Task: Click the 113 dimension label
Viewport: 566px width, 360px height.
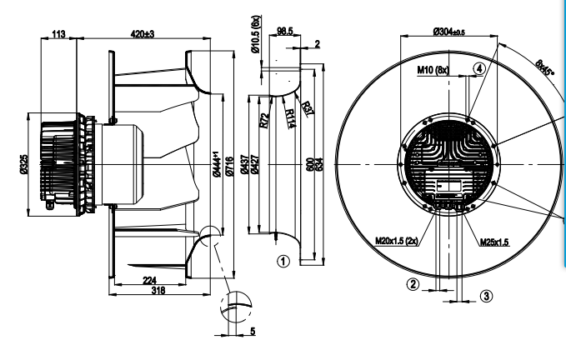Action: point(59,34)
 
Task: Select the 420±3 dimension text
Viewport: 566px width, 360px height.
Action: point(143,34)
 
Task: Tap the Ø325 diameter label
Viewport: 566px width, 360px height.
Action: point(24,164)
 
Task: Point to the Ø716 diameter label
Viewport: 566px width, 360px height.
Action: point(229,166)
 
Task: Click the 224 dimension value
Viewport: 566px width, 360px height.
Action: point(149,280)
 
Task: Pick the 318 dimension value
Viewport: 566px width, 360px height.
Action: point(158,290)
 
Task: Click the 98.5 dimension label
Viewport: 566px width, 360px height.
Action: point(285,31)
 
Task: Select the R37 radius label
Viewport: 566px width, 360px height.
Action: point(308,109)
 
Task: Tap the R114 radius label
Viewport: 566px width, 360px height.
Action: point(290,118)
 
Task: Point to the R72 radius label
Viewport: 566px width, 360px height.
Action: point(264,121)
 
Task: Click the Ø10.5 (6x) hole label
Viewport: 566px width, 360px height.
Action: point(256,34)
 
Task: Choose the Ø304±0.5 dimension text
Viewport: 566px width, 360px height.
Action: point(449,32)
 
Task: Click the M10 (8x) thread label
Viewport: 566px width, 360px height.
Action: point(433,69)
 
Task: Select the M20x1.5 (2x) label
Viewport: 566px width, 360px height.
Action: point(397,241)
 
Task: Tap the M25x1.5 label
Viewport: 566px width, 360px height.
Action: point(494,242)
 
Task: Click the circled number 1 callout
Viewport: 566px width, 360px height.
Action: point(283,261)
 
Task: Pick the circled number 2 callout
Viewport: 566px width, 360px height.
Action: point(413,284)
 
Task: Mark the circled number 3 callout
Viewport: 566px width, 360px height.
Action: point(486,296)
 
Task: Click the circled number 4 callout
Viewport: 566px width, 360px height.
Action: point(479,68)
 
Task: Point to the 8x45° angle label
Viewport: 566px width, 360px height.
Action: point(544,67)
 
